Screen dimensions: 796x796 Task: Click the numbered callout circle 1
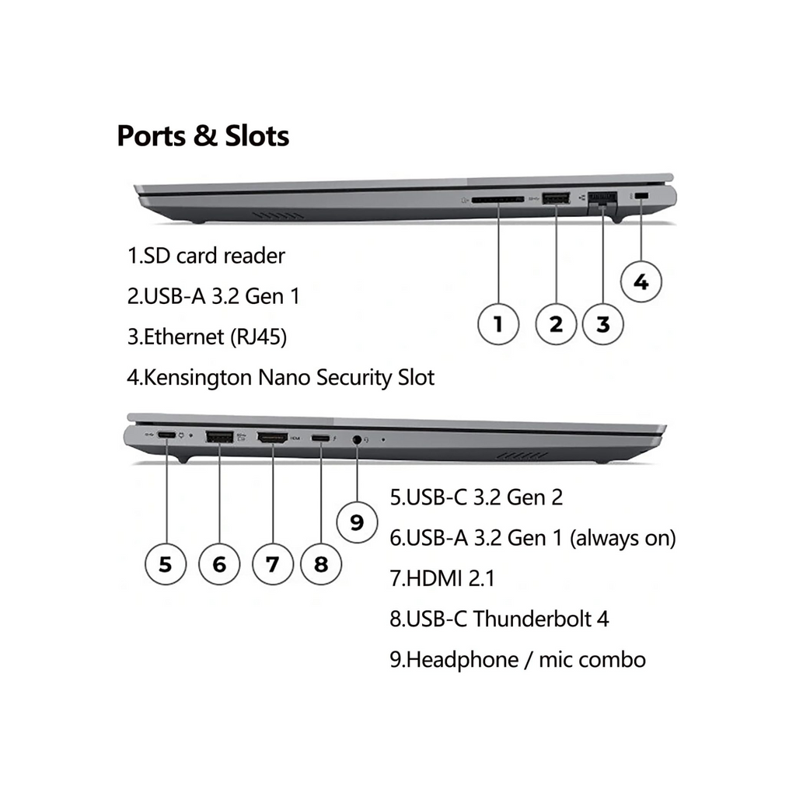click(498, 324)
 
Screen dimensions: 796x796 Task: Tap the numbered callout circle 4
click(641, 281)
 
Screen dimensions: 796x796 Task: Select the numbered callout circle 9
click(357, 522)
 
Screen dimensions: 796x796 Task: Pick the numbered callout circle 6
click(219, 564)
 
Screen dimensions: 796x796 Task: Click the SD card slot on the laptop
click(498, 200)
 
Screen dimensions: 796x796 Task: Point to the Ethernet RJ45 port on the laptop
click(602, 201)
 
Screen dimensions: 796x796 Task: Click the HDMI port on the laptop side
click(272, 438)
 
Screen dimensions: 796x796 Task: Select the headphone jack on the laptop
click(357, 439)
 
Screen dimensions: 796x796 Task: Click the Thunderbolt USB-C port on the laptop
click(320, 439)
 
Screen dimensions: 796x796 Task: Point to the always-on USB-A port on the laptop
click(219, 438)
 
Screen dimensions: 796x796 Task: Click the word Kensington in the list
click(200, 379)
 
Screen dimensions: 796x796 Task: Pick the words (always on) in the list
click(623, 538)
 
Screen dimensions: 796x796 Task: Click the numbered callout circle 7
click(272, 564)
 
